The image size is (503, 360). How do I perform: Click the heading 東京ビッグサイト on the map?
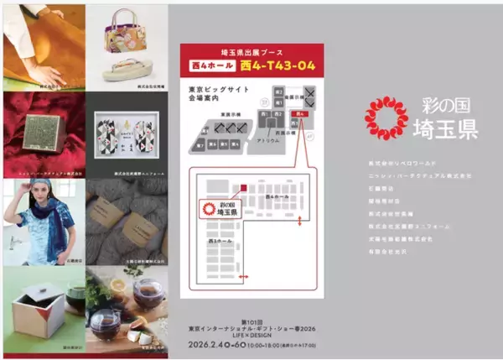tap(210, 89)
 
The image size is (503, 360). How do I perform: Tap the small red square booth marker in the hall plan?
tap(243, 188)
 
